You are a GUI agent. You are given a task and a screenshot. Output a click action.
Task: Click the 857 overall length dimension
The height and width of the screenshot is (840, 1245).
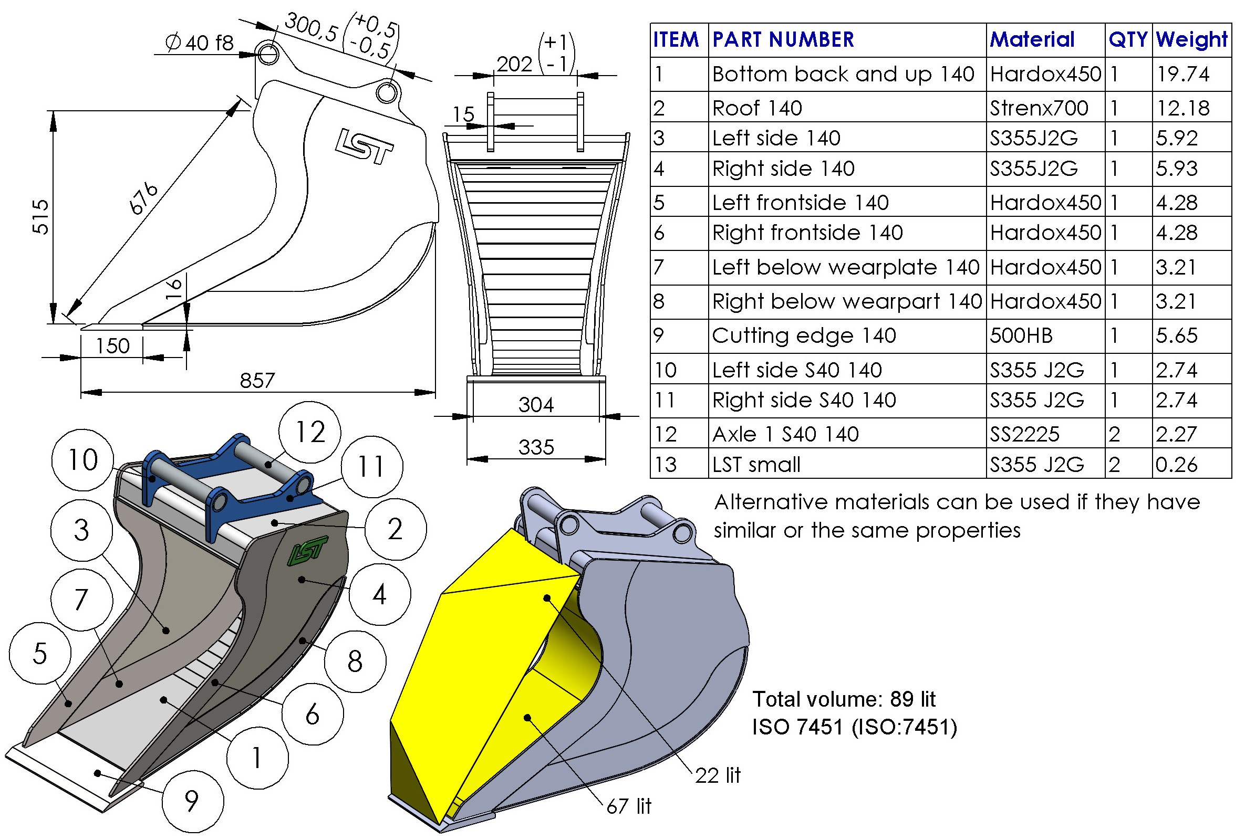257,381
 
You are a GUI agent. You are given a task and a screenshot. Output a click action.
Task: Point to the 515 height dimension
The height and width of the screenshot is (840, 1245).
41,217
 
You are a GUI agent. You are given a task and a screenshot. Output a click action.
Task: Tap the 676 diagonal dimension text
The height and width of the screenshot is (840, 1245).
143,198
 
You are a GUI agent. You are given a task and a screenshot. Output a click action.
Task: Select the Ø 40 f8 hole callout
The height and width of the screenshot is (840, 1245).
199,43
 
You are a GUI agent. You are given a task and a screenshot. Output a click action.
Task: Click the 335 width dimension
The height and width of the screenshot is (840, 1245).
536,447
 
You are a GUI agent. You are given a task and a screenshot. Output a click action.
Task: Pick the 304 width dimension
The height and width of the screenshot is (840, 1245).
536,404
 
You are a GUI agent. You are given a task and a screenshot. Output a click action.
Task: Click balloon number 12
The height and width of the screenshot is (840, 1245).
309,432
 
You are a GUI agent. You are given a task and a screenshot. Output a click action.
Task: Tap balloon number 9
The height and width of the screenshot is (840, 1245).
192,802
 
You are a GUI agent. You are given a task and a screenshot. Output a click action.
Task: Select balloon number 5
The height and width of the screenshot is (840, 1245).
39,653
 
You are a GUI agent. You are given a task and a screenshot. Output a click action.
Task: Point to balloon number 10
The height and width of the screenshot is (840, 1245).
82,460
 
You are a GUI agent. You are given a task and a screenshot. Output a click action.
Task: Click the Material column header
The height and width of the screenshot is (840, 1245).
1032,39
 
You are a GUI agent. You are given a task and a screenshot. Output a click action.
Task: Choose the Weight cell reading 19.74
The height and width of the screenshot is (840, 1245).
1182,74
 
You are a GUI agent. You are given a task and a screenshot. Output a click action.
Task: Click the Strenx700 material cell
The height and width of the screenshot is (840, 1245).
1039,108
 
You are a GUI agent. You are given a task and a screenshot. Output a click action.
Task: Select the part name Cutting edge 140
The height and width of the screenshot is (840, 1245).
804,335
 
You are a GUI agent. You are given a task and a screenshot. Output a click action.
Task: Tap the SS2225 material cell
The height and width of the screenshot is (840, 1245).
1024,434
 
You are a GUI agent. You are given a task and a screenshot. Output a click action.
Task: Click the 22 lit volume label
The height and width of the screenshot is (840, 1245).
718,775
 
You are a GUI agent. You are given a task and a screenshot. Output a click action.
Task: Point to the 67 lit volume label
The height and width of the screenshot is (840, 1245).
629,806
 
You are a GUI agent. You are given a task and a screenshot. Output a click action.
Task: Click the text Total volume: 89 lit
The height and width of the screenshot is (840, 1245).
844,699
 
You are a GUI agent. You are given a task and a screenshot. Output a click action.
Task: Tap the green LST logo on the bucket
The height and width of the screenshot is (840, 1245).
307,550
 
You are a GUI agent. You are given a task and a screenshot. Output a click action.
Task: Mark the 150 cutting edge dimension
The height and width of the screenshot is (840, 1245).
112,346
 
